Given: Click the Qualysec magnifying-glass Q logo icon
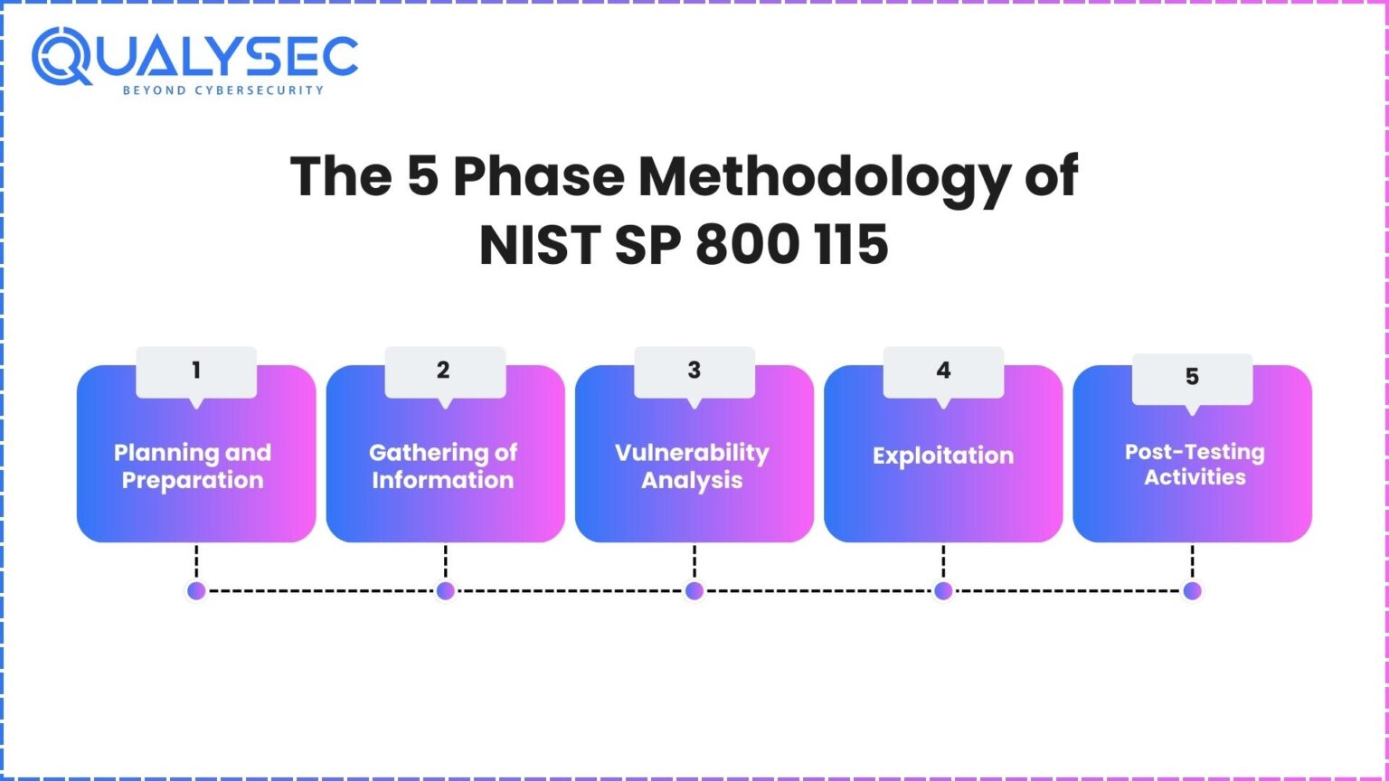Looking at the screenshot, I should point(61,56).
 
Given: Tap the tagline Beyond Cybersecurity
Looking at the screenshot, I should point(222,90).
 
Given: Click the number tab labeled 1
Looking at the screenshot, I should point(196,371).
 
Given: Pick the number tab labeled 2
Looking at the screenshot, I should point(444,371).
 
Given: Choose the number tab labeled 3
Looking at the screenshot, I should point(694,371).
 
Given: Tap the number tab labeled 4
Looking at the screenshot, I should point(943,371).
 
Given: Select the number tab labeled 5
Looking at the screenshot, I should point(1192,377).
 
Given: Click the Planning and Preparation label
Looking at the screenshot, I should point(193,466).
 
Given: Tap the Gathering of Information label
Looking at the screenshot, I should point(443,466).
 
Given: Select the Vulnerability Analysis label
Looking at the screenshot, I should point(693,466).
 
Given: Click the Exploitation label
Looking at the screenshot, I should point(943,456).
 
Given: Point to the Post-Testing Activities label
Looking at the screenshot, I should point(1195,465).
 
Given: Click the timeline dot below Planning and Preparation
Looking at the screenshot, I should point(196,591).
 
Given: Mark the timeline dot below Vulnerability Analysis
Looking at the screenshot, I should point(694,591).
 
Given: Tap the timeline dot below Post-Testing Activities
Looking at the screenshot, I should point(1192,591).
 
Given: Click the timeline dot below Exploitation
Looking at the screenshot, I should point(943,591).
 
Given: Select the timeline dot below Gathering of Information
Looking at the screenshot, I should point(445,591).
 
